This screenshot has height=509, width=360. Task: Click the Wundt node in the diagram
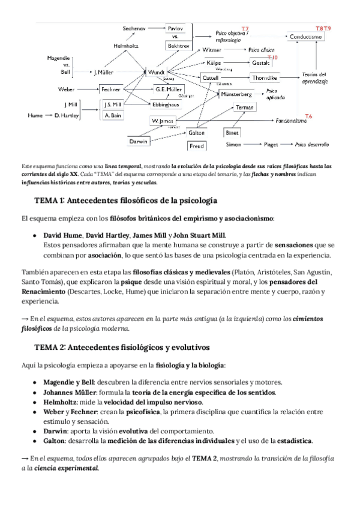coord(156,72)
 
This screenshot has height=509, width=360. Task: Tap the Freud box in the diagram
coord(197,146)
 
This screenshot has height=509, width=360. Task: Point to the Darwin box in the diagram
coord(139,142)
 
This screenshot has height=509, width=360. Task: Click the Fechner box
coord(112,89)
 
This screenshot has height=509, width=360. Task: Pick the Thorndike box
coord(263,78)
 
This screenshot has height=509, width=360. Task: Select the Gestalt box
coord(261,62)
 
